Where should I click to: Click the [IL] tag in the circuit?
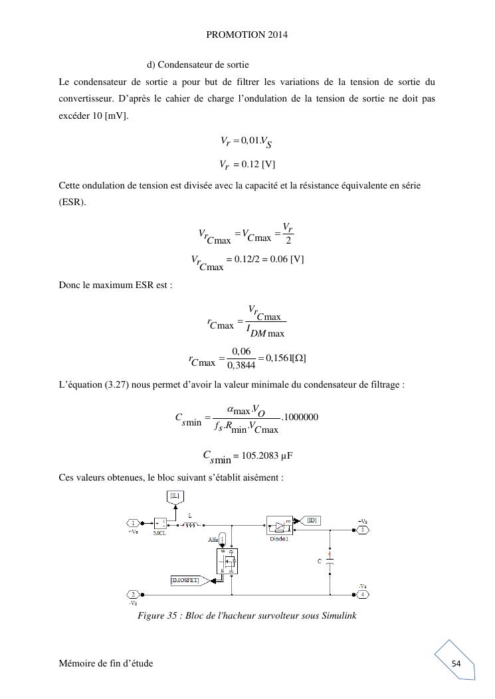point(175,495)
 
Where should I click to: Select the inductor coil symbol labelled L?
point(191,524)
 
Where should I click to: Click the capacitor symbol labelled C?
point(330,560)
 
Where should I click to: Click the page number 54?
point(456,663)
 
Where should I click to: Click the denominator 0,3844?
point(240,364)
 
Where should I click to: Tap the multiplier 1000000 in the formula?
point(301,417)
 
